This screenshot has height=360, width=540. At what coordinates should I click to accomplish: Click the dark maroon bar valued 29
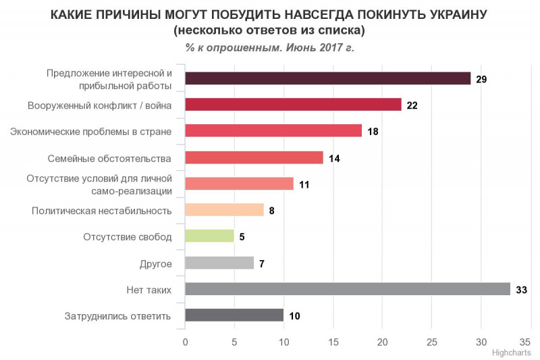click(x=327, y=78)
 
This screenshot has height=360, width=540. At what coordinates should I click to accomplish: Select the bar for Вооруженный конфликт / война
click(x=293, y=105)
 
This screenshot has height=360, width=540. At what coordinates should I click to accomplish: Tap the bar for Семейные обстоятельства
click(x=254, y=157)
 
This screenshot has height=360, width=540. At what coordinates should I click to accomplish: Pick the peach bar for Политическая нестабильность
click(x=224, y=210)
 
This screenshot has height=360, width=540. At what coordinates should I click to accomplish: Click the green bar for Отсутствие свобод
click(x=209, y=236)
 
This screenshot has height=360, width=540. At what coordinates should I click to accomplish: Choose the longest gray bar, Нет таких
click(x=347, y=289)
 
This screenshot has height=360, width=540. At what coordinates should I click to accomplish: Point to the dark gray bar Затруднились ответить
click(x=234, y=315)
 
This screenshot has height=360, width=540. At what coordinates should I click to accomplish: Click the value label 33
click(x=520, y=290)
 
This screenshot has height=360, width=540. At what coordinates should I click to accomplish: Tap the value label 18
click(x=372, y=131)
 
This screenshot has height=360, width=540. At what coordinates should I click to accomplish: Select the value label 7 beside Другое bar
click(x=261, y=263)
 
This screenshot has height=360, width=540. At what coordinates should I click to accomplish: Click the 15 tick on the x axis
click(x=333, y=342)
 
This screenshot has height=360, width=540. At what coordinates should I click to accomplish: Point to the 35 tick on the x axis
click(x=530, y=342)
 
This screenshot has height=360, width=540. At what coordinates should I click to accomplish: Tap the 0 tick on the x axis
click(x=185, y=342)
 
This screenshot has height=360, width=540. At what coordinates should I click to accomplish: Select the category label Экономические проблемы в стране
click(x=91, y=131)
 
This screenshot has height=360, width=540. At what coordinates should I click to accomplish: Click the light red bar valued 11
click(x=239, y=184)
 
